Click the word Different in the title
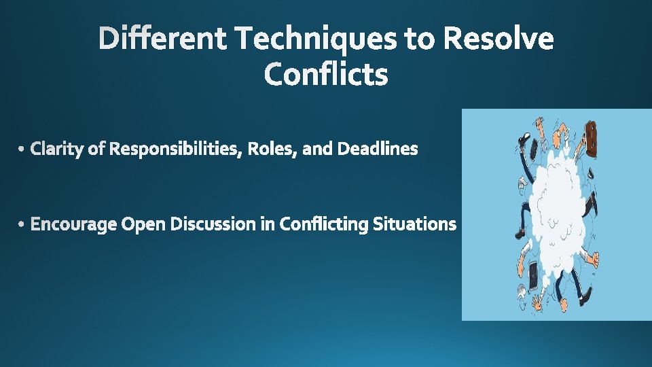[164, 39]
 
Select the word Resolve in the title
[498, 39]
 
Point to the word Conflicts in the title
[326, 74]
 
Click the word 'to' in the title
[420, 39]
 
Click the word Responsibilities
[175, 148]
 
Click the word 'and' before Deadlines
[317, 148]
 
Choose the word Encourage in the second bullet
[73, 224]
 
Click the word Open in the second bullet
[143, 224]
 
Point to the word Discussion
[213, 224]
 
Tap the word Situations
[414, 224]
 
